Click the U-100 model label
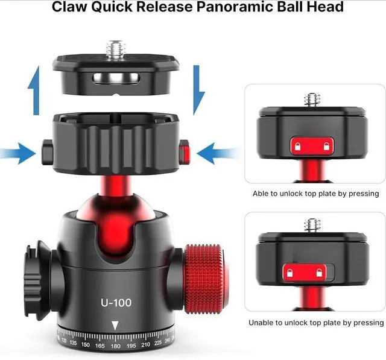click(116, 302)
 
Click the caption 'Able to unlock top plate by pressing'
click(315, 194)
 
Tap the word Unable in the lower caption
click(261, 323)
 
